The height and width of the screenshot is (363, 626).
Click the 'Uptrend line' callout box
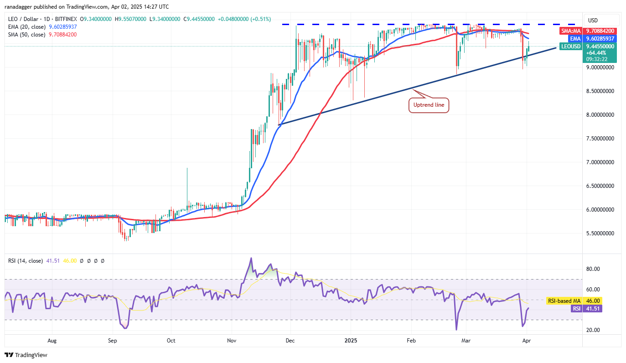click(x=429, y=105)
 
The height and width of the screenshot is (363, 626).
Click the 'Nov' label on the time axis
click(x=232, y=340)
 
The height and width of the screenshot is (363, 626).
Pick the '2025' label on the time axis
click(x=351, y=340)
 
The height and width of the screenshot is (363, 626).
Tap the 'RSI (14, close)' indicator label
click(x=26, y=261)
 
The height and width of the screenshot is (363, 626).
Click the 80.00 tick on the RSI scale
click(x=593, y=269)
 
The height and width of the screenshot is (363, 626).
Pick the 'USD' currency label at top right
click(x=593, y=21)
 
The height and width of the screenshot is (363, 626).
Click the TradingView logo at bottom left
click(x=26, y=355)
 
